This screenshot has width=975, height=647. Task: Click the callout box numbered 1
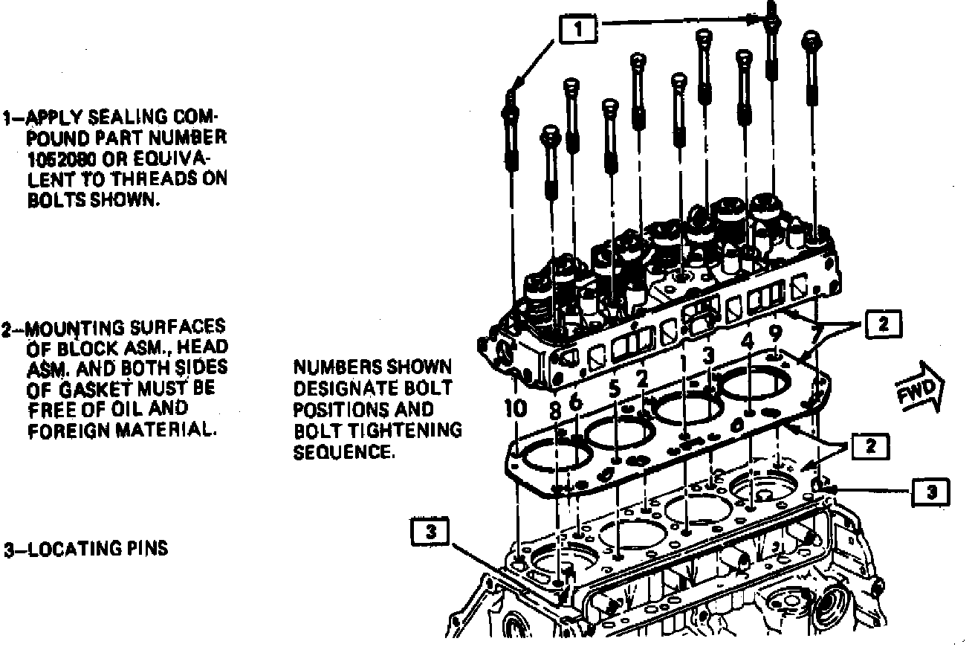point(578,29)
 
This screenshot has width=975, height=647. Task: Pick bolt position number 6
point(576,402)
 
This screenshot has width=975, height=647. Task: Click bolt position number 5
point(613,388)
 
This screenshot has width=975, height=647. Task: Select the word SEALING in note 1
point(125,118)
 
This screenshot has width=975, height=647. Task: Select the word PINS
point(145,550)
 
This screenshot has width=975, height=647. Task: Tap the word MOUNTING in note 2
point(67,327)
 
